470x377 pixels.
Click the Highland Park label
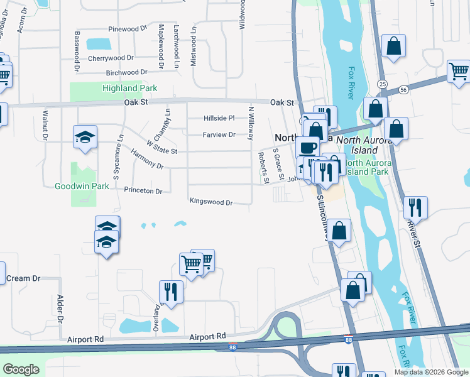pos(129,89)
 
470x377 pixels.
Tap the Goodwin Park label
pos(82,186)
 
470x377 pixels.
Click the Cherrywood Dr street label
pos(116,58)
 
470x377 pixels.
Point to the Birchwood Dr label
pos(126,73)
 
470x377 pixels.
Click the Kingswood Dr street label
pos(212,202)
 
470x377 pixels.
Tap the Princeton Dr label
pos(143,190)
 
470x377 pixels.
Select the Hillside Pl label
pos(219,118)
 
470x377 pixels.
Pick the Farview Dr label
pos(219,134)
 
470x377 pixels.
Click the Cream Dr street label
pos(23,278)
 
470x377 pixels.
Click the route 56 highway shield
pos(403,90)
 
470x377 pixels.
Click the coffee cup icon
pos(307,148)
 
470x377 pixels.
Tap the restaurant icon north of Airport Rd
pos(171,291)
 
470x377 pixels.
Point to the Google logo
pos(21,369)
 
